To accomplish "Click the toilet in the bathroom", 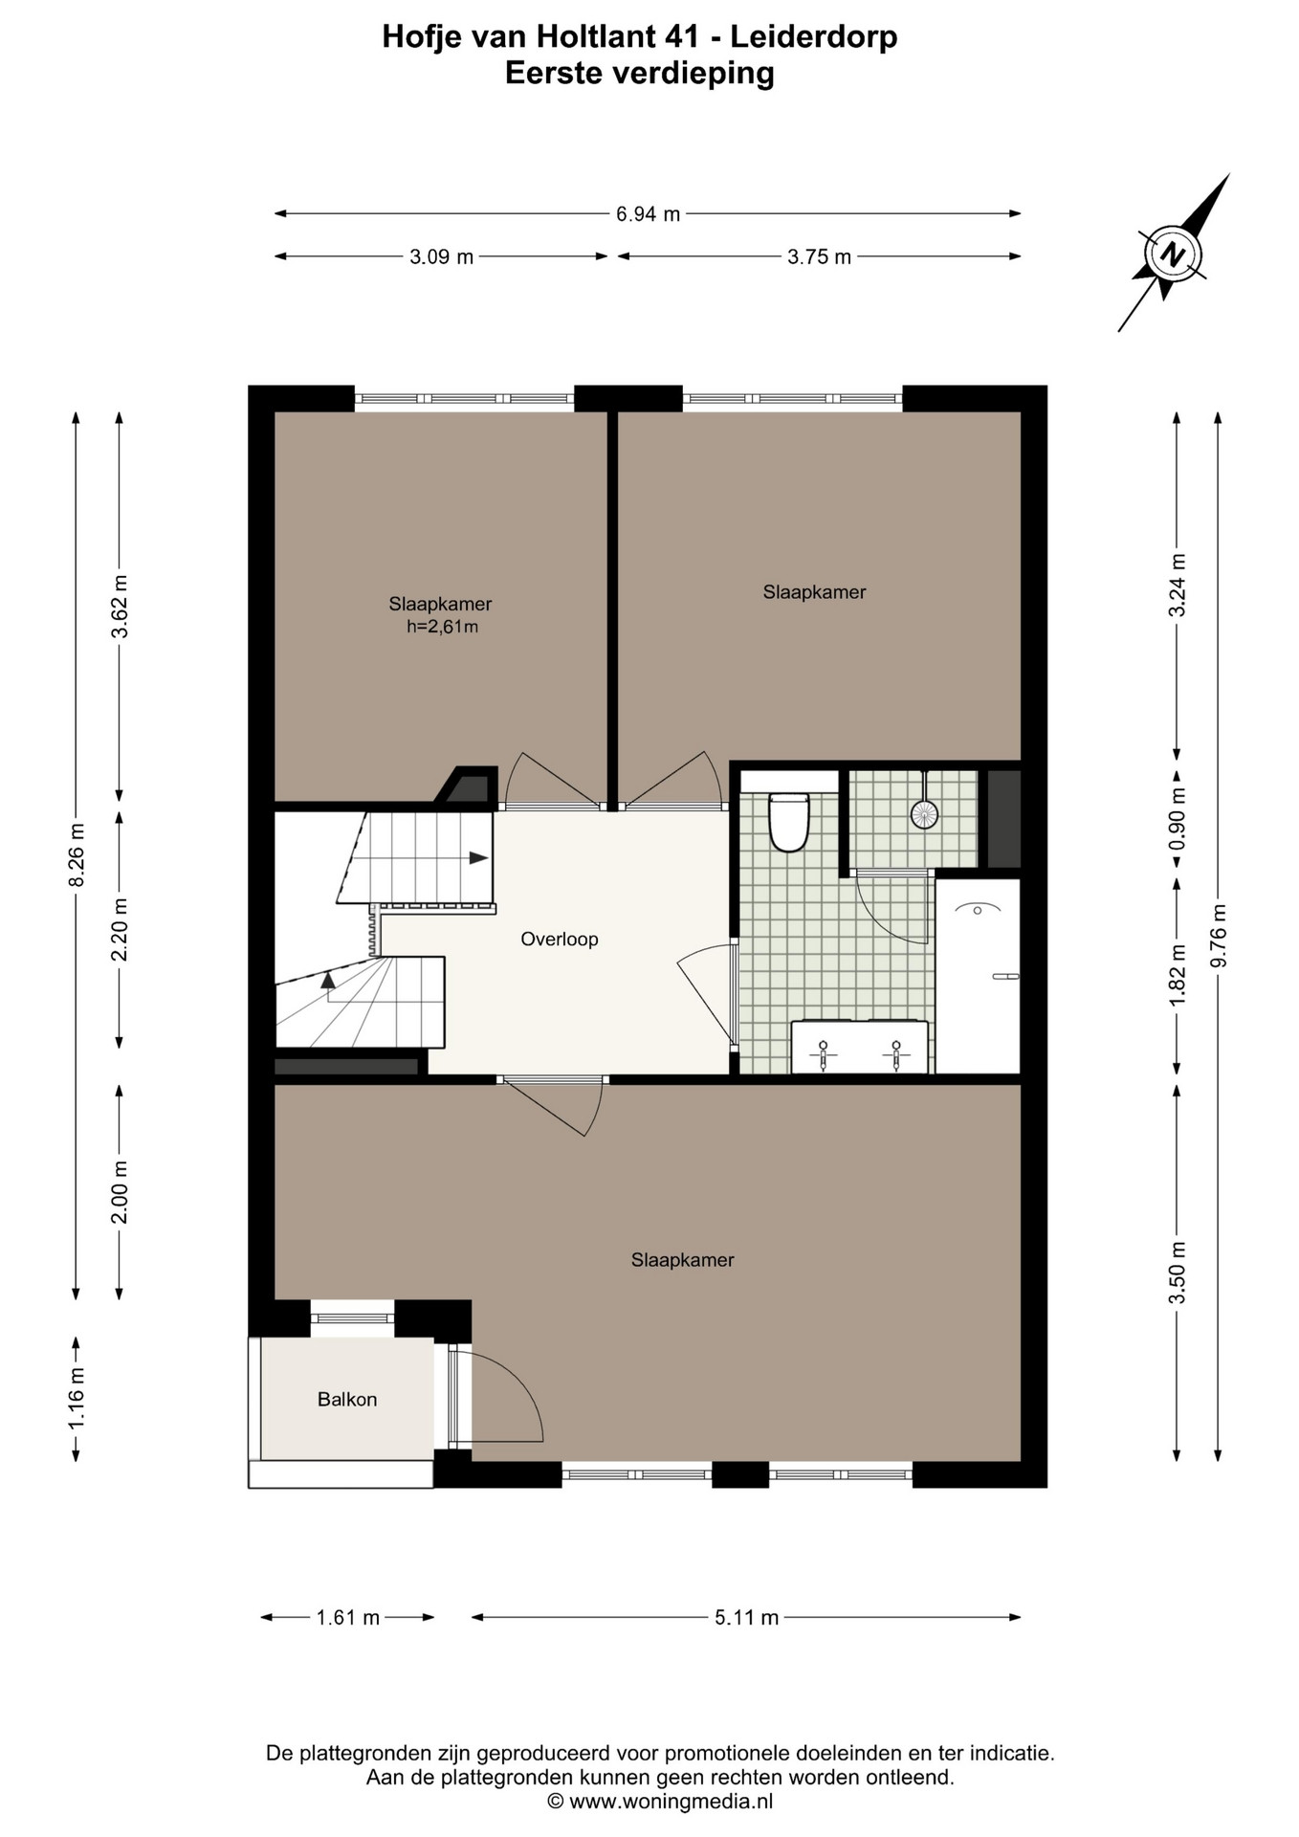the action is coord(789,821).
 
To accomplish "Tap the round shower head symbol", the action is coord(923,814).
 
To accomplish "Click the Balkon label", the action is coord(347,1399).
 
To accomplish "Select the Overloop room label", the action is coord(560,940).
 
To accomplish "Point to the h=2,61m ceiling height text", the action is coord(442,628).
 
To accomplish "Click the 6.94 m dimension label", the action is coord(648,214).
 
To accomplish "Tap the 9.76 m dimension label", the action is coord(1218,936).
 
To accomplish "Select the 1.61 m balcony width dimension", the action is coord(348,1617).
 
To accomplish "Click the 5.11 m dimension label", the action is coord(746,1617).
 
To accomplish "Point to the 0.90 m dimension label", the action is coord(1178,818).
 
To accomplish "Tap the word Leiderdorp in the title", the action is coord(814,37).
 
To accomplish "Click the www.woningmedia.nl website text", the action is coord(671,1802).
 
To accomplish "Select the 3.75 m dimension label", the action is coord(819,256).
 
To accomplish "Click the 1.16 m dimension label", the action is coord(77,1399).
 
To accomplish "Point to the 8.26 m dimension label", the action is coord(77,854).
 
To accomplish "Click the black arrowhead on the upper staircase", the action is coord(478,858).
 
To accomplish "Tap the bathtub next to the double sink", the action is coord(978,976).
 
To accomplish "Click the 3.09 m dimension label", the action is coord(441,256).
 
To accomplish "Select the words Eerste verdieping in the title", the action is coord(640,74).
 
